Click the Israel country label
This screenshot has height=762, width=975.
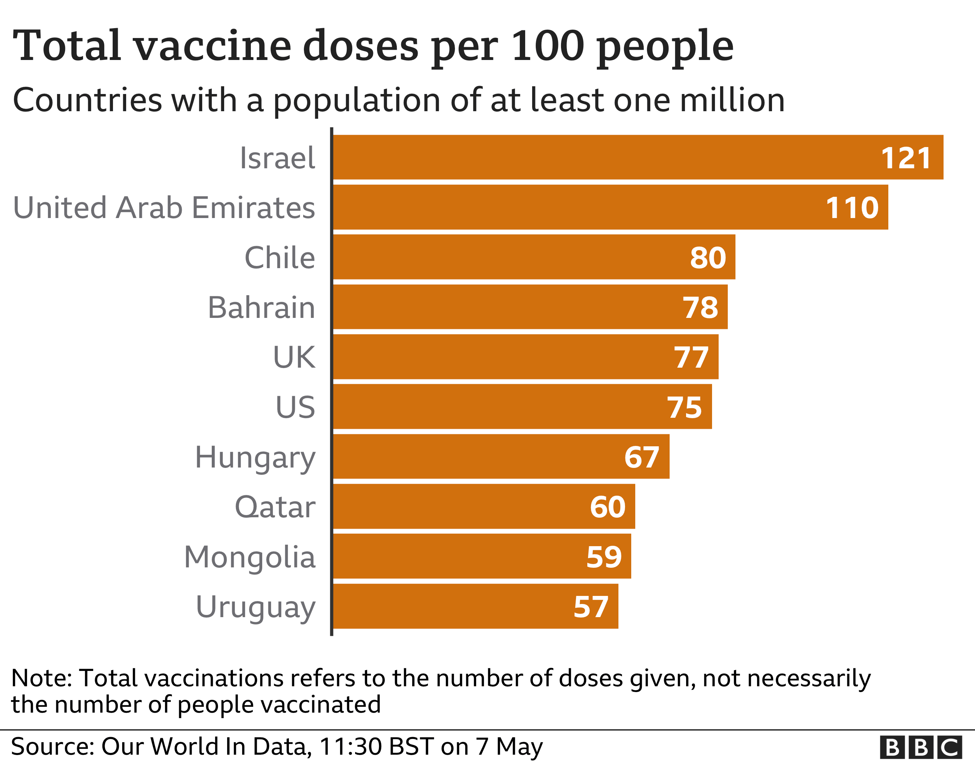pos(277,158)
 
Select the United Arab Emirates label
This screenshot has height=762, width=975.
pos(164,208)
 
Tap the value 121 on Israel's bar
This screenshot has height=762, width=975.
pos(906,158)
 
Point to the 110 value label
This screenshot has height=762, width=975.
pos(852,208)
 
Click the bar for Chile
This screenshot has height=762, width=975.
pos(513,257)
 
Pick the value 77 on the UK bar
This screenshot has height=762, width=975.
pos(691,357)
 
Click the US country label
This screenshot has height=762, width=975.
pos(295,408)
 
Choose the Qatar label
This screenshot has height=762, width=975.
pos(275,507)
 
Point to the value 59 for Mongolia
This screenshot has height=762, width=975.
pos(603,557)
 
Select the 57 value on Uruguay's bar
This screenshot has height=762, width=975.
pos(591,607)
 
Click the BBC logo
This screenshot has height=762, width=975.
pos(921,747)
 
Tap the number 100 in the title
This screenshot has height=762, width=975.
pos(547,46)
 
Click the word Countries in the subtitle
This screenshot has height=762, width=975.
pos(87,100)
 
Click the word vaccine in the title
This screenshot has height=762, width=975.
pos(212,46)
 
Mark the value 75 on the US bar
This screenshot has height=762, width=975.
pos(684,408)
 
